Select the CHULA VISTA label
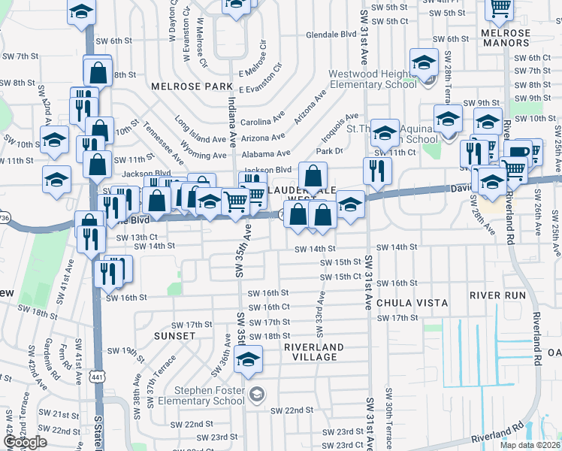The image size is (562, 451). tap(412, 303)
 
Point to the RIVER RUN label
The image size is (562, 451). tap(497, 295)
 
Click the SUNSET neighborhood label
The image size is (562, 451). tap(174, 335)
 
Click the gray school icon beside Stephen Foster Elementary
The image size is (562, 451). tap(256, 395)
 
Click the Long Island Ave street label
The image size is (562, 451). tap(200, 129)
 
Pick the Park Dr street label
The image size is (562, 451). tap(329, 151)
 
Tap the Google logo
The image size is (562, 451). tap(25, 442)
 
